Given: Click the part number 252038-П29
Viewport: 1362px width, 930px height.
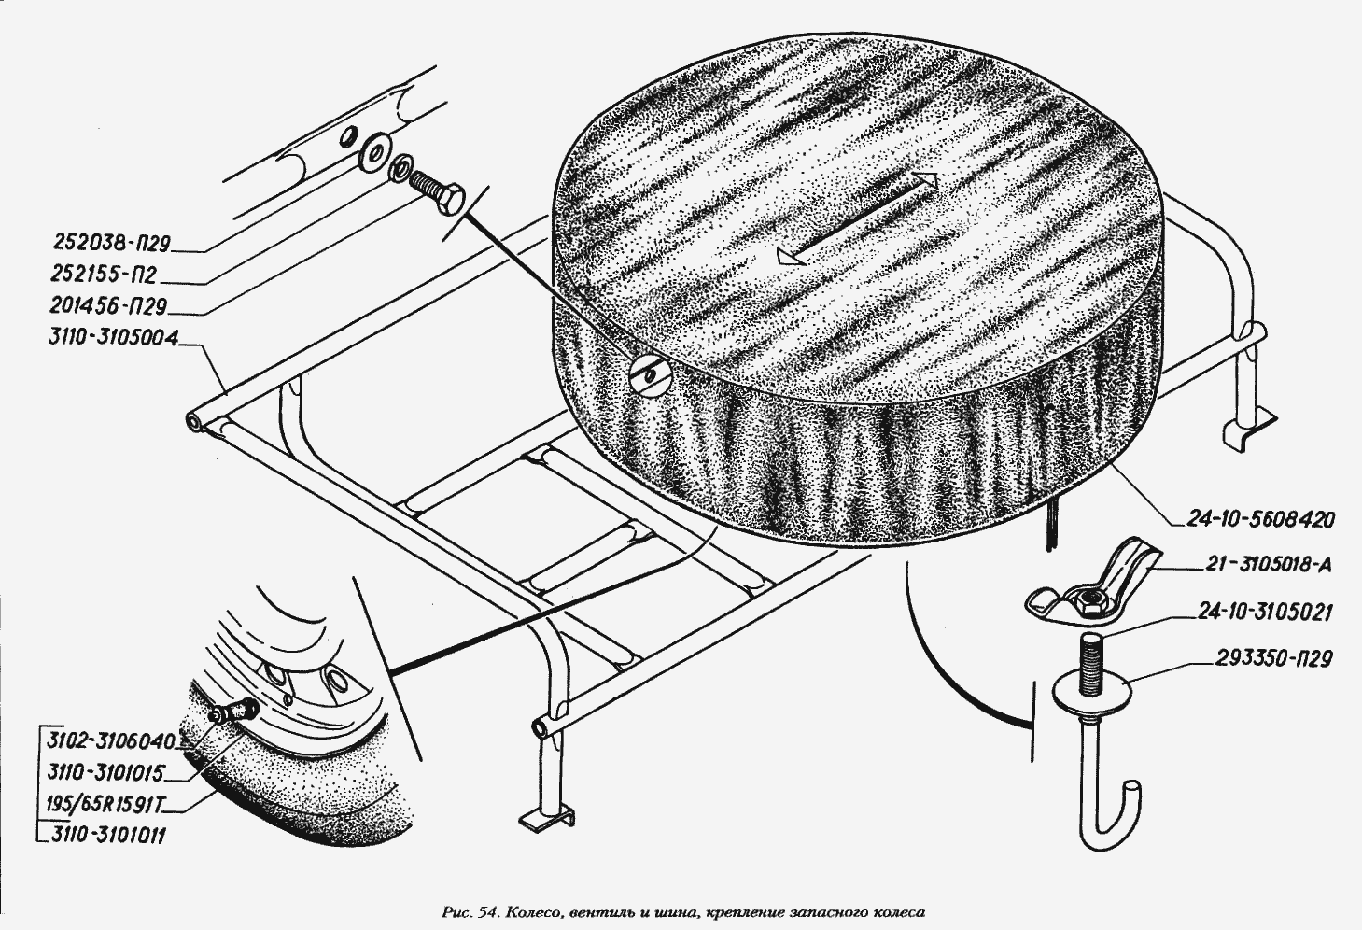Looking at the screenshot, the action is pos(112,244).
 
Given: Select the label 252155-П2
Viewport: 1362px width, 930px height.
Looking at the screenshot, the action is pos(105,275).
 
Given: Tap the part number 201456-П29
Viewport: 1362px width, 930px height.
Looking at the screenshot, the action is pos(108,306).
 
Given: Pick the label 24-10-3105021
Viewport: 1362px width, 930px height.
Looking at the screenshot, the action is pos(1265,612).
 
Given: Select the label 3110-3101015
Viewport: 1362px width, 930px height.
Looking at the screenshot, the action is pos(105,773).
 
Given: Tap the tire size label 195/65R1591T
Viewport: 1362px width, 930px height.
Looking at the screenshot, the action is pos(105,805).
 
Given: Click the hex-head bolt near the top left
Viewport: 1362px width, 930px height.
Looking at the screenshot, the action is pos(437,190).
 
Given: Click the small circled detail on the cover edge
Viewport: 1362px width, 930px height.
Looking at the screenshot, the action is pos(651,374).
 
